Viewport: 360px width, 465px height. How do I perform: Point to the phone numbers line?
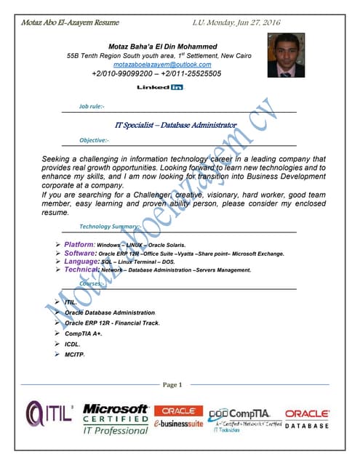156,74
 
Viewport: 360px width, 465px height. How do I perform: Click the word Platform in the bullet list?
79,245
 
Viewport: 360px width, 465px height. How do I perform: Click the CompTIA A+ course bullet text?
83,333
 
